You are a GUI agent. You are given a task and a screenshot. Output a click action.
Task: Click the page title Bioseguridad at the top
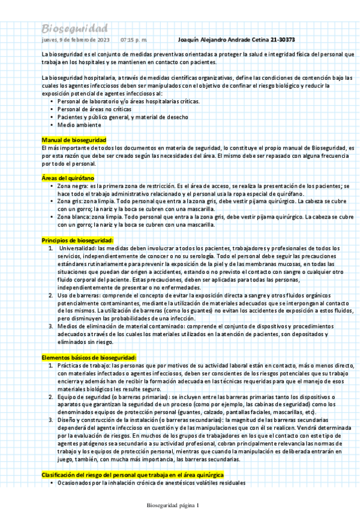[74, 29]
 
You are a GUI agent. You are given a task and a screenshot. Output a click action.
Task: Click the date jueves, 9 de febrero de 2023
[75, 40]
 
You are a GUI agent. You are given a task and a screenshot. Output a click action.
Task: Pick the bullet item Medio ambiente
[79, 125]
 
